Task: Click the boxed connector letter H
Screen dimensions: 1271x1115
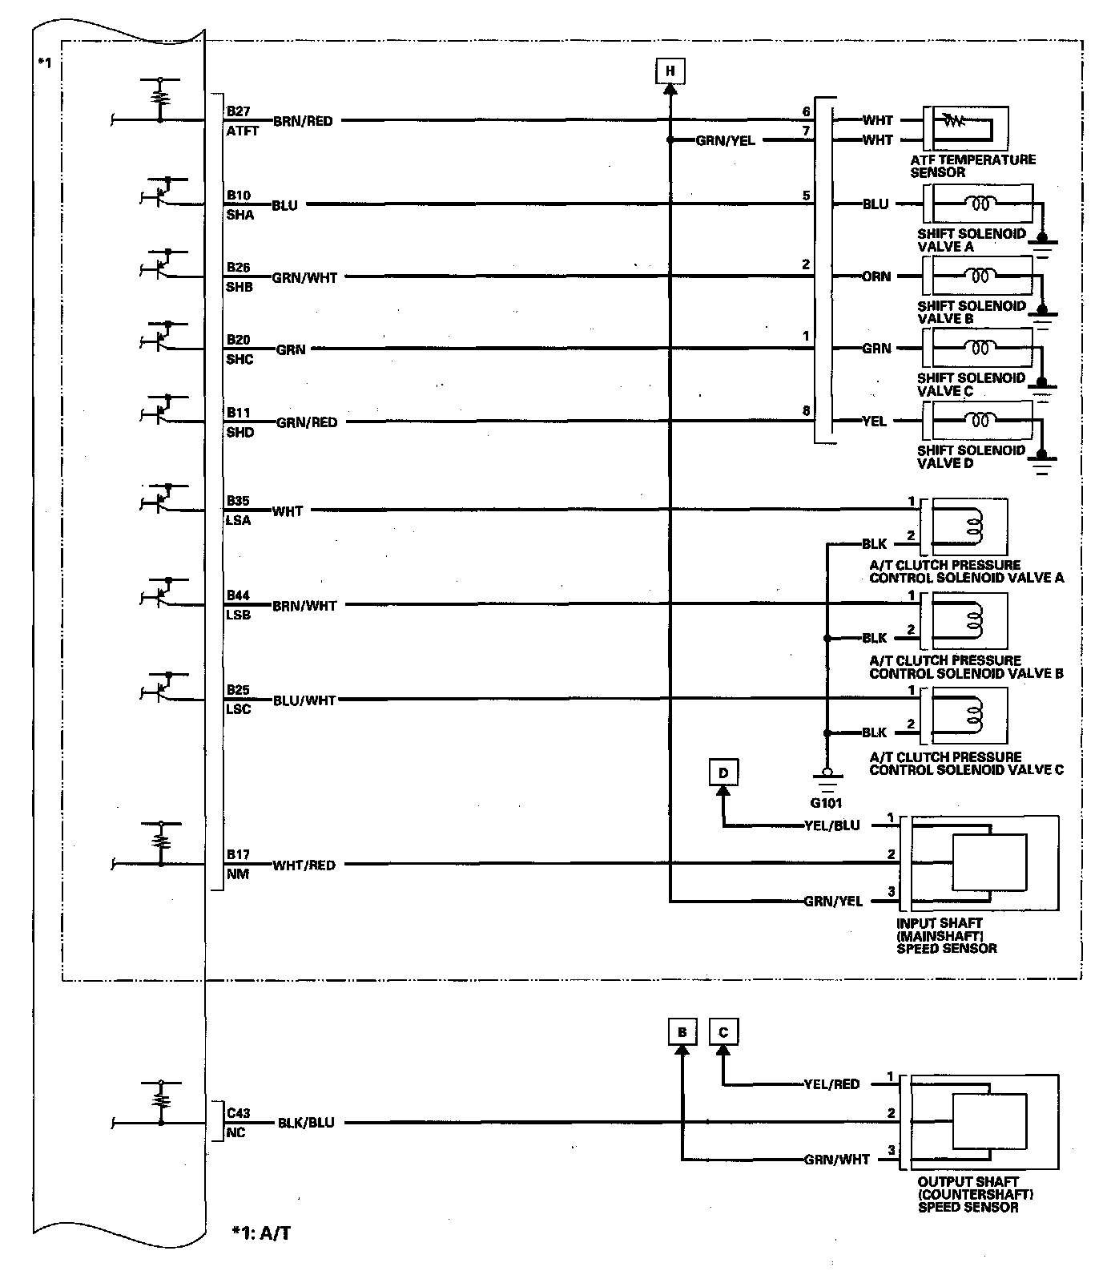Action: (670, 71)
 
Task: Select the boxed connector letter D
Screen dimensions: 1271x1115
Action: (723, 773)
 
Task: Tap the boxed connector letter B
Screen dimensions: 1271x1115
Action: (682, 1032)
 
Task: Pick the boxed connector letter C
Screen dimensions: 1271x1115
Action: (723, 1032)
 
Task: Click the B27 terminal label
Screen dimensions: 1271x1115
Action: (239, 111)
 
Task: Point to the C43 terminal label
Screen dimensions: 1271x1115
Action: (238, 1113)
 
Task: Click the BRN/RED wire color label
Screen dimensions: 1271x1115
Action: (303, 121)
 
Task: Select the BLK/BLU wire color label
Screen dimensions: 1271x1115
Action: (306, 1123)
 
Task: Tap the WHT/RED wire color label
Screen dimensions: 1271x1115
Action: (304, 865)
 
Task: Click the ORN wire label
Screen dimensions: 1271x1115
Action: (876, 276)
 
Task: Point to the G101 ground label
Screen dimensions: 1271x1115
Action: (826, 802)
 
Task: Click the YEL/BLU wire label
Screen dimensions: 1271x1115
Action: (831, 825)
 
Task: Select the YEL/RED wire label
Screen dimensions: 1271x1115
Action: (831, 1084)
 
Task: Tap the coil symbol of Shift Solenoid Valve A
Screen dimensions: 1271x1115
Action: (980, 204)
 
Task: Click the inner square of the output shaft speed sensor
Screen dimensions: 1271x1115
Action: (989, 1123)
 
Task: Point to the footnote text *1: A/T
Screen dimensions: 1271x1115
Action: (261, 1233)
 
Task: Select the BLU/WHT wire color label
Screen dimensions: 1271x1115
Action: (304, 700)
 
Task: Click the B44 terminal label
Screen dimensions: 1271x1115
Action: (238, 595)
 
